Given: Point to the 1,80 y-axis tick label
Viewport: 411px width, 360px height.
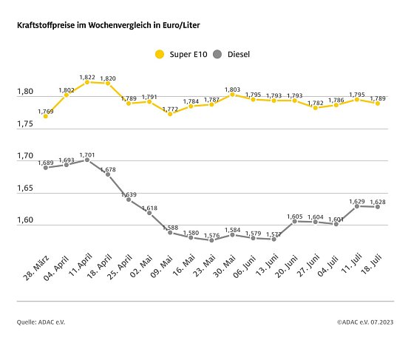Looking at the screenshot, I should point(26,92).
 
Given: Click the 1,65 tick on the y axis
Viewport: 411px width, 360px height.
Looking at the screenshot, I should point(26,189).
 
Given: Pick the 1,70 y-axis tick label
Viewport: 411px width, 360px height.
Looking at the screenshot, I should point(26,157).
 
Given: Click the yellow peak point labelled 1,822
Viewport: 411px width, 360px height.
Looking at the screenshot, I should point(87,82).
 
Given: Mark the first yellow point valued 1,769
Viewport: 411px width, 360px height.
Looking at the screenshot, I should point(46,116).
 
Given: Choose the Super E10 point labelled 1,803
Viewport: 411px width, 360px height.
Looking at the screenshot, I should point(232,94).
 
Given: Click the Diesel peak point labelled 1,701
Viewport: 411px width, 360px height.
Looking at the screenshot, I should point(87,160).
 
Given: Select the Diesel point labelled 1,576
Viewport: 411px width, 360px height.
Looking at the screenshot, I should point(211,240).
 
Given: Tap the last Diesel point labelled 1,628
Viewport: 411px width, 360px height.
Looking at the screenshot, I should point(377,207).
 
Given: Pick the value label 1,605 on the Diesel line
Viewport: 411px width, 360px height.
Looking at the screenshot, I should point(294,216).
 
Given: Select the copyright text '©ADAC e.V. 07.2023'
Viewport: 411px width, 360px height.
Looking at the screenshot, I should point(365,322).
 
